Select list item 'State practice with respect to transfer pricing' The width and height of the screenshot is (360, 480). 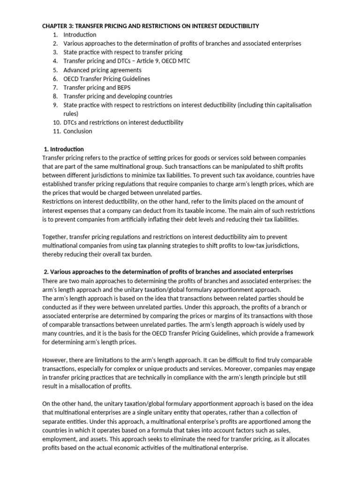point(123,52)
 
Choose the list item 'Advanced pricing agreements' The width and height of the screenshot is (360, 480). point(102,70)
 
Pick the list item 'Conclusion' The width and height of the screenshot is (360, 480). point(78,131)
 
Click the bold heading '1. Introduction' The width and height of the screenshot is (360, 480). point(63,149)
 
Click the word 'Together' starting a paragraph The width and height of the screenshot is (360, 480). point(55,237)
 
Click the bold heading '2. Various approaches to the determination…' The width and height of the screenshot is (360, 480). point(168,272)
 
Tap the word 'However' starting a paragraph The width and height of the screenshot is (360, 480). point(56,360)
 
